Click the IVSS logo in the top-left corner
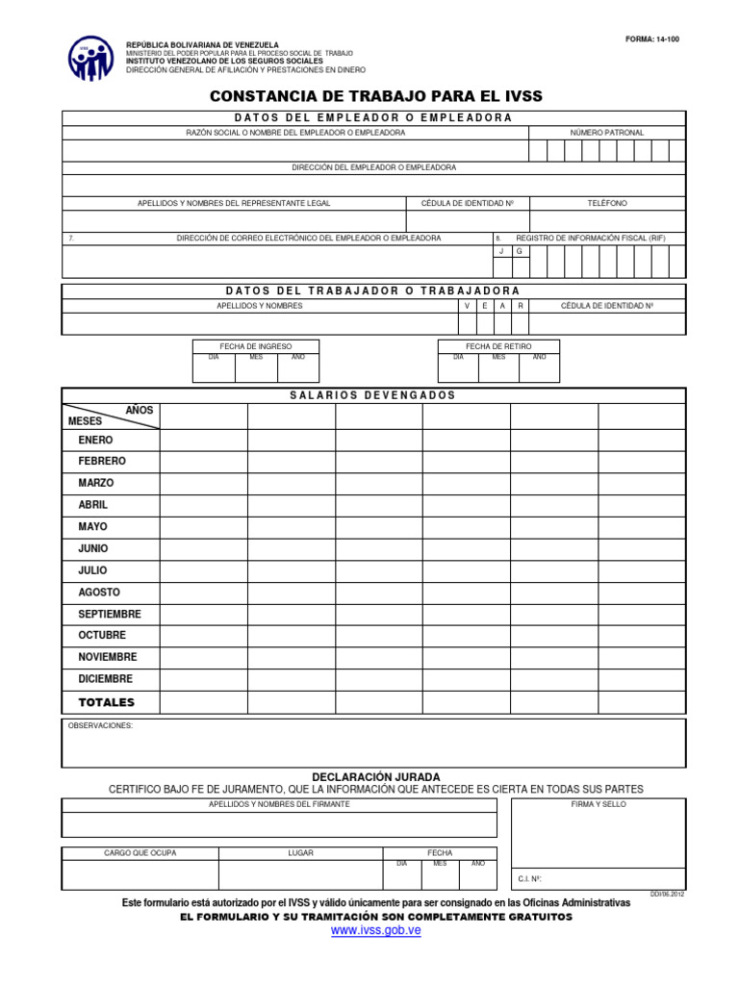pos(90,58)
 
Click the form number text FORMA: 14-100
pos(652,39)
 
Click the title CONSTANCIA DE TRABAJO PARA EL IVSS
pos(376,96)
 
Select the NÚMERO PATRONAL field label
pos(606,132)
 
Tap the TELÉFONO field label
pos(607,203)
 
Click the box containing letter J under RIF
pos(501,251)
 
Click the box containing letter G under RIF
pos(520,251)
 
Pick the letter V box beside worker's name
pos(468,306)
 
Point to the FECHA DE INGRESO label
pos(257,346)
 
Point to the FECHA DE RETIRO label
pos(498,346)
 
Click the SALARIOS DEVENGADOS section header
pos(372,395)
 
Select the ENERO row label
pos(95,440)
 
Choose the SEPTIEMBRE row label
pos(109,614)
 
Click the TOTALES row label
pos(106,702)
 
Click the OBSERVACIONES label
pos(100,726)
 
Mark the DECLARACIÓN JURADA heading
pos(376,776)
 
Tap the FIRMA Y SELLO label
pos(598,804)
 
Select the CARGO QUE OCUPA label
pos(140,853)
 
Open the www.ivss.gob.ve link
pos(376,931)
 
